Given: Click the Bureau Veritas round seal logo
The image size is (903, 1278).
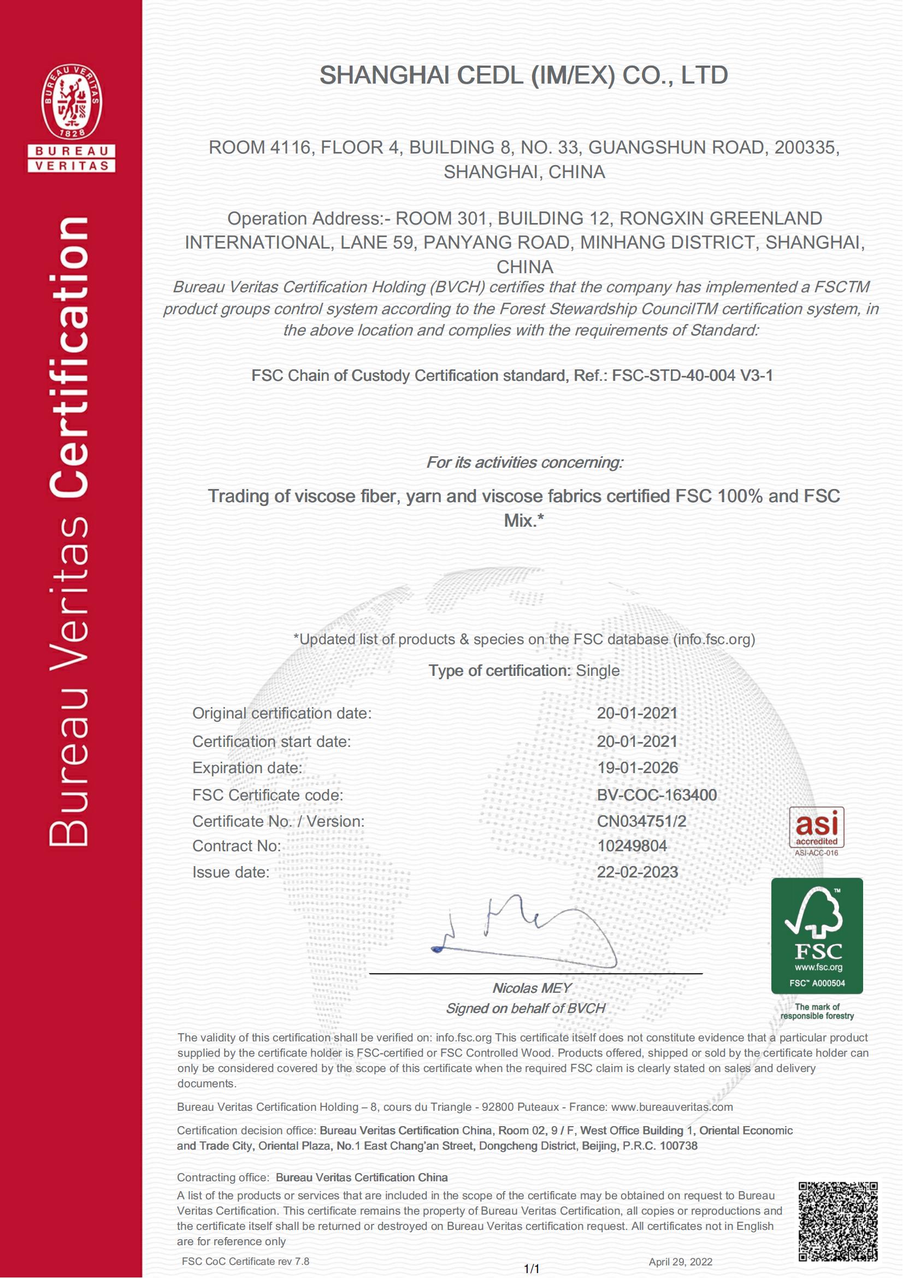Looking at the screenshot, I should [x=72, y=102].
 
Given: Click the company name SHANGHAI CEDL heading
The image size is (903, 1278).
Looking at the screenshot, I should [x=523, y=76].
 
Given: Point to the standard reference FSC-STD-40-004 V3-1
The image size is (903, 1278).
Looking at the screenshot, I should [x=692, y=376].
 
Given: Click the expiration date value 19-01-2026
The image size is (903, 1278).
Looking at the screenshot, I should [x=638, y=768].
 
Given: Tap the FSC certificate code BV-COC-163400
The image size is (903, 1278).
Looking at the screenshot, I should [x=657, y=795].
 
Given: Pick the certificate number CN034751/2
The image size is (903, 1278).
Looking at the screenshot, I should [x=641, y=821].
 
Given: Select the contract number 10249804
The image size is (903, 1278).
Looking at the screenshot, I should [x=632, y=846].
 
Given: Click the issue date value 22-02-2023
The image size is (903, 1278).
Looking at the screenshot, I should [x=638, y=872].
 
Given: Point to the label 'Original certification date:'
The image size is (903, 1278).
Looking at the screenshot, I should [x=281, y=713].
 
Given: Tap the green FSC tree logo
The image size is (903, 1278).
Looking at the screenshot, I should [x=817, y=935].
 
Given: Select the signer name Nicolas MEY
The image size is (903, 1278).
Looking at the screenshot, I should [x=532, y=988].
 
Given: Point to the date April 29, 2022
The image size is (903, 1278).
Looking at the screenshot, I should [x=681, y=1262].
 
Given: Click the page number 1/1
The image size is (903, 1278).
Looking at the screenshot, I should [x=532, y=1269].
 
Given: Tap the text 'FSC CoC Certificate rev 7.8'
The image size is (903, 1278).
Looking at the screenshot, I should [x=245, y=1261].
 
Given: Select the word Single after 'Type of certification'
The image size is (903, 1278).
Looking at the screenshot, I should [x=598, y=671].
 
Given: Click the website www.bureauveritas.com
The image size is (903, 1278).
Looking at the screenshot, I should [x=672, y=1107].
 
